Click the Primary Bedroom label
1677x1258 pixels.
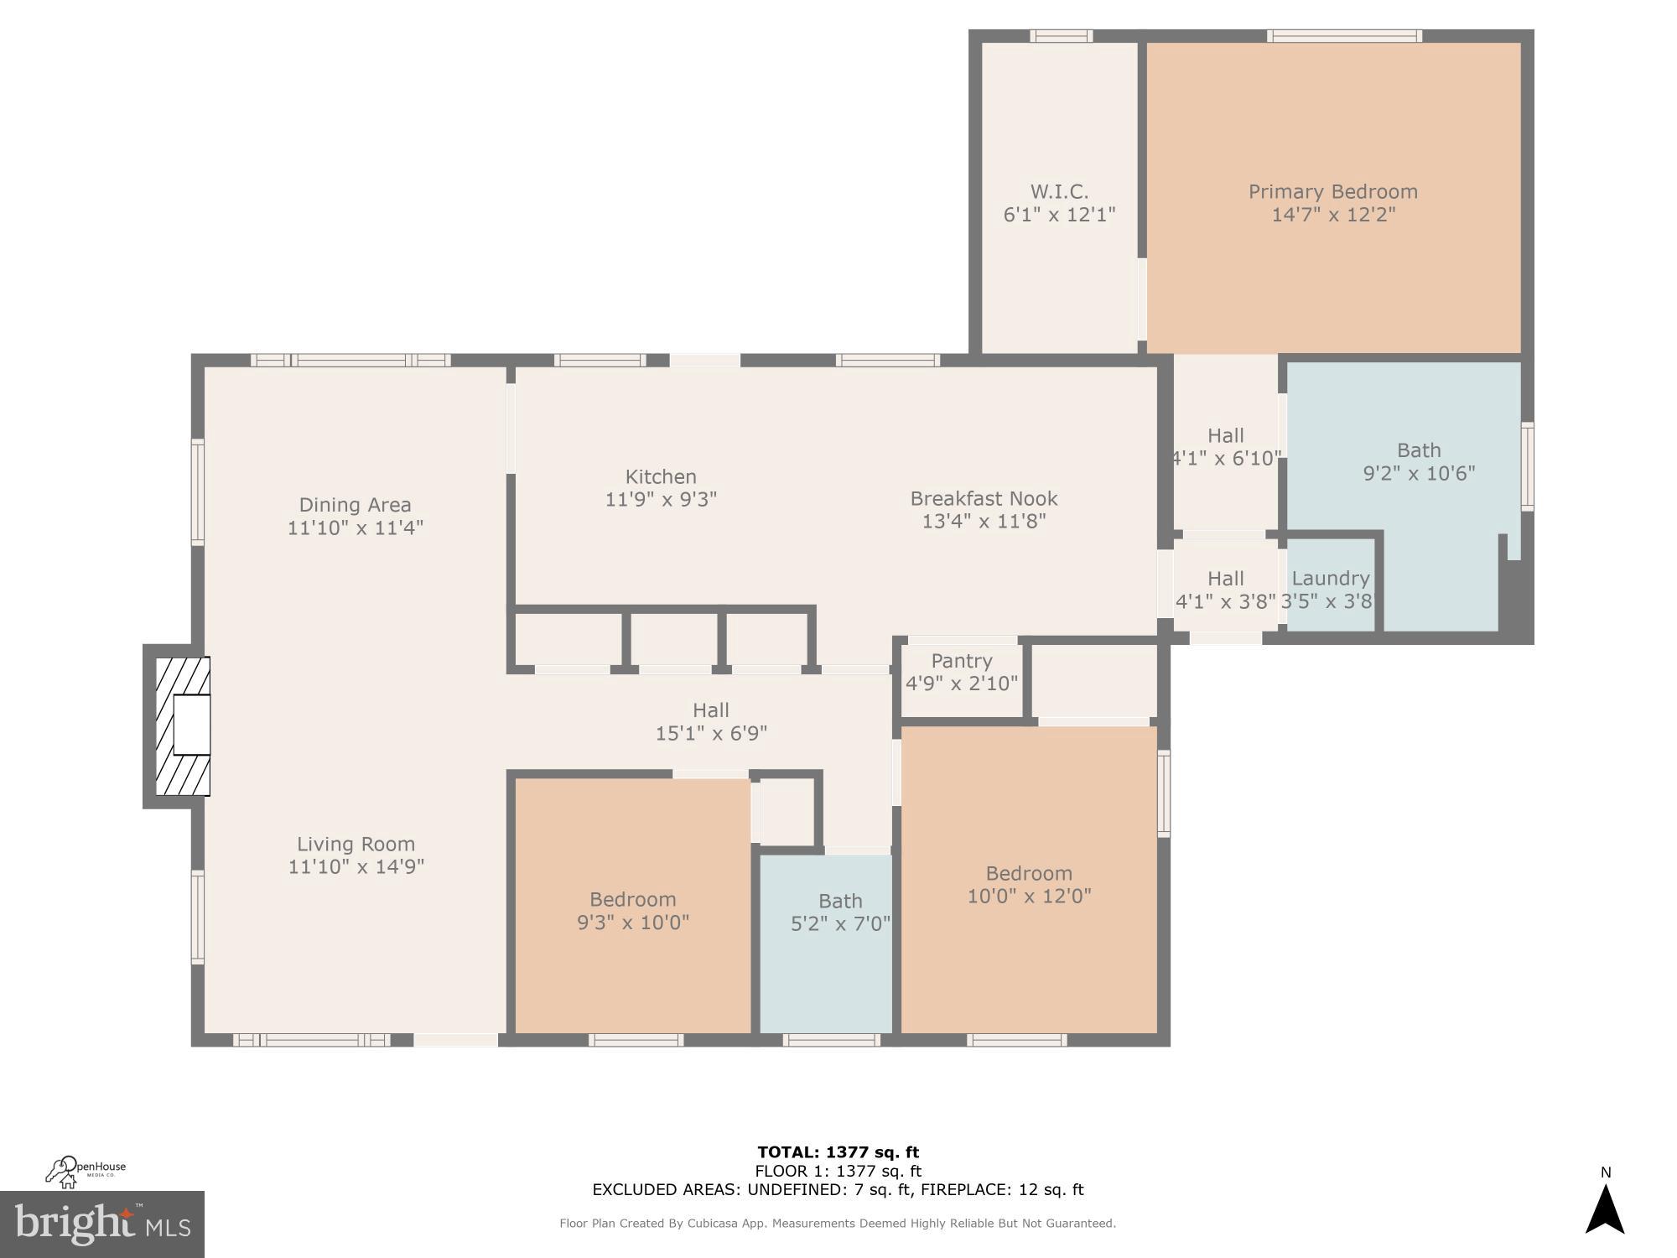(1332, 192)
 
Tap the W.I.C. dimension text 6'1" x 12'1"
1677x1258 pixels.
(1059, 215)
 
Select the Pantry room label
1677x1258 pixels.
(961, 661)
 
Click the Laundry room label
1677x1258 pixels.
(1330, 578)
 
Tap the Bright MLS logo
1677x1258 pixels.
(101, 1224)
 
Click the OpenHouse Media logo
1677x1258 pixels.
(86, 1171)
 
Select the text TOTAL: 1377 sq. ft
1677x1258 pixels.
(838, 1151)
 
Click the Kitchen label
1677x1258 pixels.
(661, 476)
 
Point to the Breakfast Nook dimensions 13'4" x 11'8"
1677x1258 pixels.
(984, 522)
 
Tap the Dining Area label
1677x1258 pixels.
(355, 505)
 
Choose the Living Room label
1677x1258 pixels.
(356, 844)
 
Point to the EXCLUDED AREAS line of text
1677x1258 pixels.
(838, 1189)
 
